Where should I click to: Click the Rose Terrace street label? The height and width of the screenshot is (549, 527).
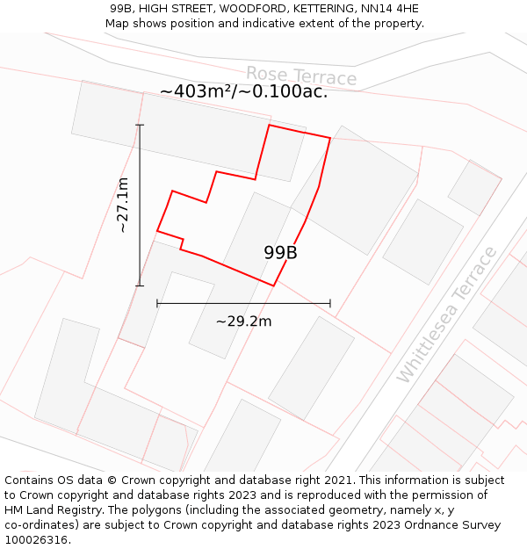(x=301, y=76)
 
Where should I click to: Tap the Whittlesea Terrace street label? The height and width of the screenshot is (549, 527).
(x=447, y=314)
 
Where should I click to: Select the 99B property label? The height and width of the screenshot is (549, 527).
(x=280, y=252)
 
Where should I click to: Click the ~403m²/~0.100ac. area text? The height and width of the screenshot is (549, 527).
(x=243, y=91)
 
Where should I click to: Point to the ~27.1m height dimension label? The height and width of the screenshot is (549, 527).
(x=122, y=205)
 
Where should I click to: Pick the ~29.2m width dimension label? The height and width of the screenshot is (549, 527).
(x=243, y=321)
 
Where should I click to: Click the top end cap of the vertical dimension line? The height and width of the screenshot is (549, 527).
(x=140, y=125)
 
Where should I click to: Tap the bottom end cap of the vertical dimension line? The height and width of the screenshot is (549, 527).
(x=140, y=285)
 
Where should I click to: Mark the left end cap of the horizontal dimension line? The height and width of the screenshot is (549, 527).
(x=157, y=303)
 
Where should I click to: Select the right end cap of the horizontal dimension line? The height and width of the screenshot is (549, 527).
(x=330, y=303)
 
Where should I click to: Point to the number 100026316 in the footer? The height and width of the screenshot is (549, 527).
(x=37, y=540)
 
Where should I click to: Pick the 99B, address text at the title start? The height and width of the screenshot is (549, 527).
(x=124, y=9)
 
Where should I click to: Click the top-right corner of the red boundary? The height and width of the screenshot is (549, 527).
(x=330, y=138)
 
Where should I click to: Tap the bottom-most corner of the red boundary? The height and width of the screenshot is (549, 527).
(x=273, y=285)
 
